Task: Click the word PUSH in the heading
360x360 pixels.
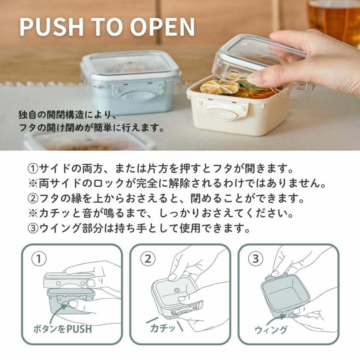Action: tap(51, 27)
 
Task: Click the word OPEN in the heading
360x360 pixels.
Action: tap(162, 27)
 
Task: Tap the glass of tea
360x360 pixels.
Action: tap(334, 19)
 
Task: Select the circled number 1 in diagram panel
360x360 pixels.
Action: tap(39, 259)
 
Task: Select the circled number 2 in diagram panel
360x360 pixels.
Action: tap(148, 259)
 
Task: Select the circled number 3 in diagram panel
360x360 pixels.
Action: tap(256, 259)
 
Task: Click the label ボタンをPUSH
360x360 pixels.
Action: tap(63, 329)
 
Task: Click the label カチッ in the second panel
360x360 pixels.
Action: tap(163, 328)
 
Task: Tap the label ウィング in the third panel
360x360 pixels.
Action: tap(271, 329)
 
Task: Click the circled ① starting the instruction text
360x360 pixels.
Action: tap(33, 169)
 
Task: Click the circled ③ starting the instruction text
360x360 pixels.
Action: tap(33, 228)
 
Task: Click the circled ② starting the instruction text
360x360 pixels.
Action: tap(33, 199)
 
